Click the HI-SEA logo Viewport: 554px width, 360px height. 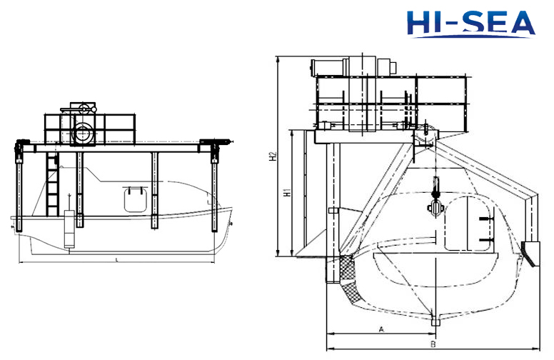pos(470,24)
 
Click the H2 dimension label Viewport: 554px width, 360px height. pos(273,156)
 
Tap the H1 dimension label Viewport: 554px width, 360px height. pos(287,192)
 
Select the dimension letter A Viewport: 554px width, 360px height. pos(381,329)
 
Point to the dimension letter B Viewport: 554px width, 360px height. pos(433,344)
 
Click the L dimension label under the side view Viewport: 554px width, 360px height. pos(117,260)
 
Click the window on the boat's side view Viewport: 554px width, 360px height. pos(136,200)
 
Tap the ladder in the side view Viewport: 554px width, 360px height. pos(52,184)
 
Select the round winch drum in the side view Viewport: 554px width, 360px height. pos(83,134)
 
